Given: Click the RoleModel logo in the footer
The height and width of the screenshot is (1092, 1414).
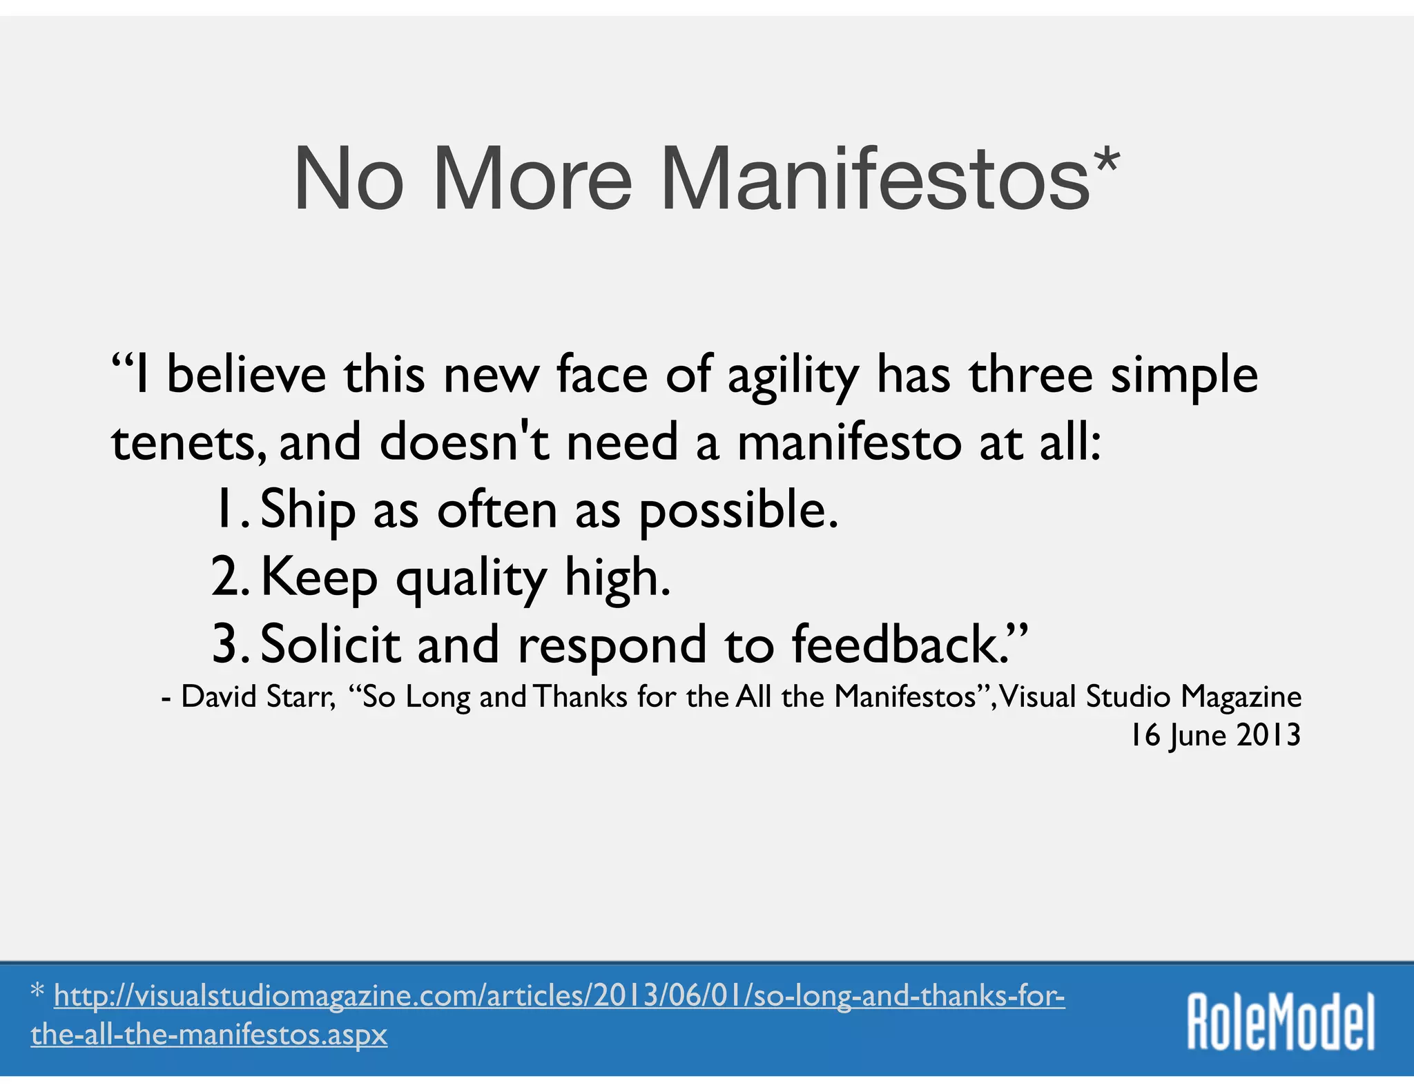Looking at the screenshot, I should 1281,1022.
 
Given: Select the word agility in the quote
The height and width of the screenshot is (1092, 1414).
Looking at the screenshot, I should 793,377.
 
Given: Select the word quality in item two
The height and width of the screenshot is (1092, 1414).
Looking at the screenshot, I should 472,578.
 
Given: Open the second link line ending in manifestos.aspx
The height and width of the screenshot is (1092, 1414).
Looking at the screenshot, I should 209,1035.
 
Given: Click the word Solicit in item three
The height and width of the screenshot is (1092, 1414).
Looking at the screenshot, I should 330,643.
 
